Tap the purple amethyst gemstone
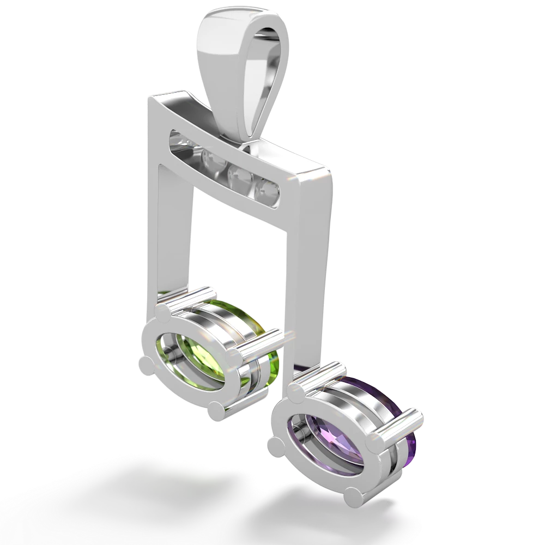322,431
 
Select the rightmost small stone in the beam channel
268,190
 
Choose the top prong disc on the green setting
163,312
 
